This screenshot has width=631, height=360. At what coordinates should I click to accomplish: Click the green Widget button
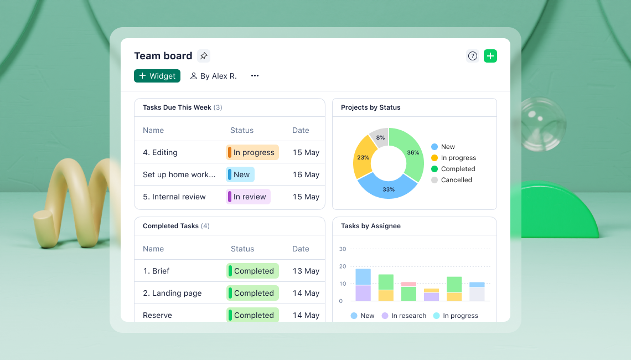[157, 76]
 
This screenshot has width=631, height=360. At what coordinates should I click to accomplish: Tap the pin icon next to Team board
[204, 56]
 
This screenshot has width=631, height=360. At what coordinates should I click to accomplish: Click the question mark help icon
[472, 56]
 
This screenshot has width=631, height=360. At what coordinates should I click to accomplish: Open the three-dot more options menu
[255, 76]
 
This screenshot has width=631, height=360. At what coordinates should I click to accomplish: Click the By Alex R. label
[214, 76]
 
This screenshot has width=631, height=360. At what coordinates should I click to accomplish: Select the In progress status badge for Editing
[252, 152]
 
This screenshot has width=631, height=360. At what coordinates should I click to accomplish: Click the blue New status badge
[240, 174]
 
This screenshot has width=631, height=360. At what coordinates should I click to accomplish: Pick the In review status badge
[249, 197]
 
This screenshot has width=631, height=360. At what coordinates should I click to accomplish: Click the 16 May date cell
[306, 174]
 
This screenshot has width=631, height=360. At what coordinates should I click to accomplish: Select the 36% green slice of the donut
[413, 152]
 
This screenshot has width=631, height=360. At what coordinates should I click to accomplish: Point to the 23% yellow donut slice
[363, 157]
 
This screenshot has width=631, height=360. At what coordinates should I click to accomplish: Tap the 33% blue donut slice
[388, 189]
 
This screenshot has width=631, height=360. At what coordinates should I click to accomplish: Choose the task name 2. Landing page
[172, 293]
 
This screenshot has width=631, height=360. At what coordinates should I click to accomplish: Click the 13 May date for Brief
[306, 271]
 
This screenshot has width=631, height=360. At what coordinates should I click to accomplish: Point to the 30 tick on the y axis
[343, 249]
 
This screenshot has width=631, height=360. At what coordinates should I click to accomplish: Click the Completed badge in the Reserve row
[253, 315]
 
